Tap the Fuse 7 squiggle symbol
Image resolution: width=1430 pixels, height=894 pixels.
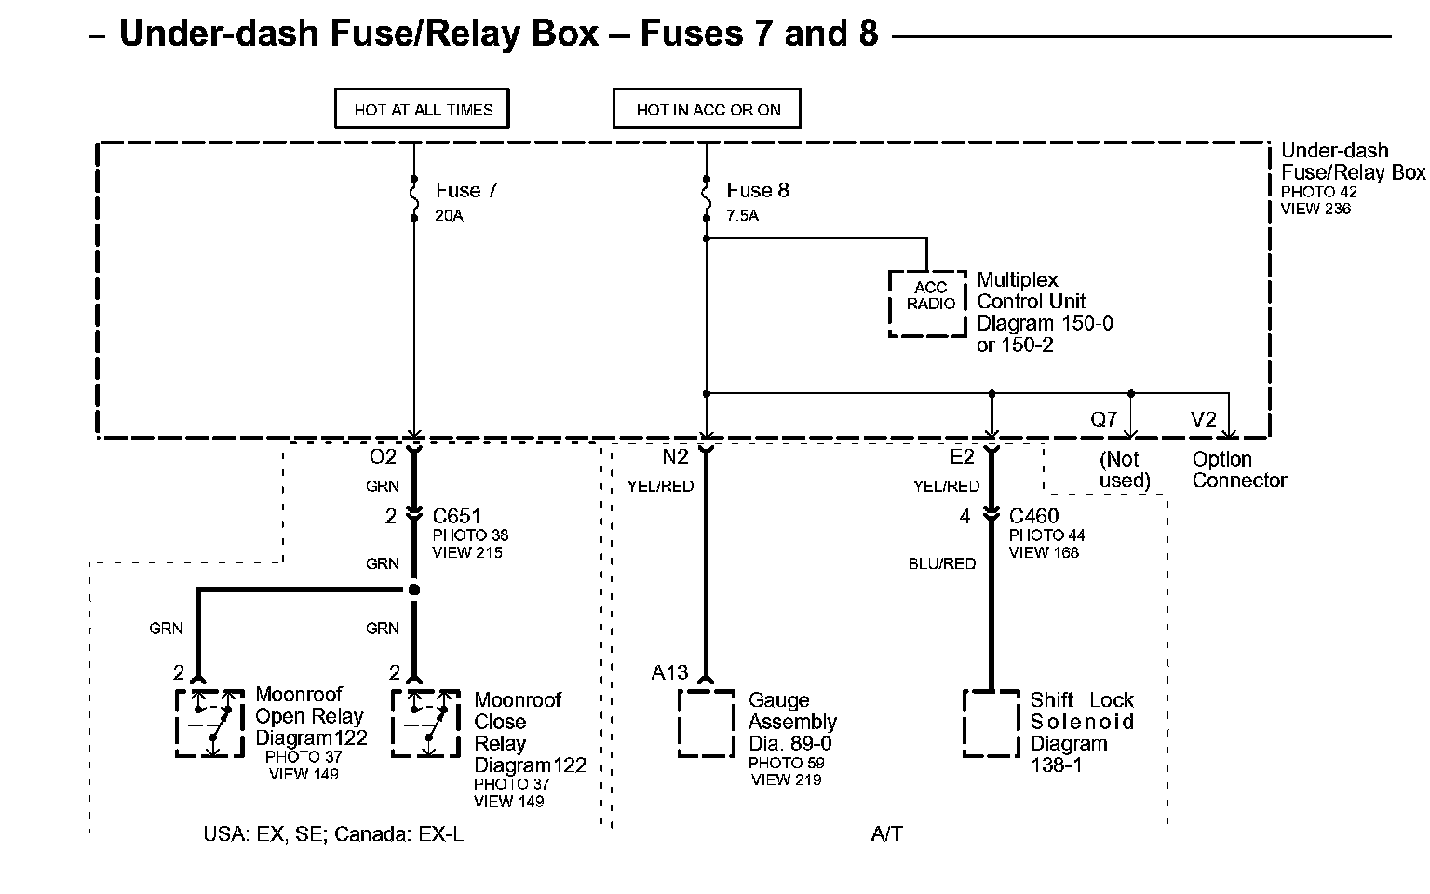tap(414, 198)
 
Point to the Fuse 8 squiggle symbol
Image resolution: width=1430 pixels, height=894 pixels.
tap(706, 198)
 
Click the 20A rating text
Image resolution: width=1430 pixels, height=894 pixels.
tap(450, 216)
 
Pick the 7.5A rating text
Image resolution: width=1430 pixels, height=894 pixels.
tap(742, 216)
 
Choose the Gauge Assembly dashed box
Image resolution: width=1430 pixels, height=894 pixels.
tap(680, 724)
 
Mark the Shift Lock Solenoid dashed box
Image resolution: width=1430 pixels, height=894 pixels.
tap(964, 724)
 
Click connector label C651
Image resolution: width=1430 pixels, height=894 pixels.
tap(456, 516)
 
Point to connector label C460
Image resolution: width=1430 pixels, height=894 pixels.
tap(1033, 516)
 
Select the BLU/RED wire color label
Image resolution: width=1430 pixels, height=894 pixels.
tap(942, 563)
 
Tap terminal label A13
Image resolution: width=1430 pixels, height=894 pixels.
tap(669, 672)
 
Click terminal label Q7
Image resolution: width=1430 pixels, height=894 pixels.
tap(1104, 420)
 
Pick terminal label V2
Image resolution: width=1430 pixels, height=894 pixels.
tap(1204, 420)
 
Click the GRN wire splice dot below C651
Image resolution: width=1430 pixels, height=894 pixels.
tap(414, 589)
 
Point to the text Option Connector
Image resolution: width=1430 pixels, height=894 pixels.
tap(1239, 469)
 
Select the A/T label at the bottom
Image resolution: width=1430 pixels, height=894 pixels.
tap(886, 834)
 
